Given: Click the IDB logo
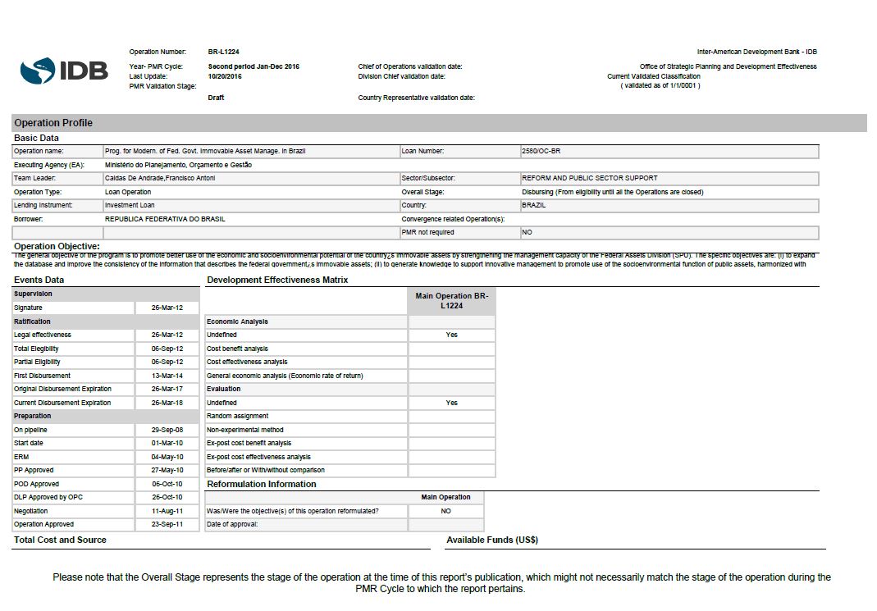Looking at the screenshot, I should (x=64, y=71).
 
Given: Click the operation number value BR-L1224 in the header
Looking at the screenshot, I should (x=224, y=52).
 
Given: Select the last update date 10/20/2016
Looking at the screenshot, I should (x=225, y=76).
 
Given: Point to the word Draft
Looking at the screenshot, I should (x=216, y=98).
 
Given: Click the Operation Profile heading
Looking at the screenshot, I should (x=53, y=123).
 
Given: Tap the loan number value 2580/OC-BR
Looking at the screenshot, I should (x=541, y=151).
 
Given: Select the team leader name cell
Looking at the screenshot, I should (x=160, y=178).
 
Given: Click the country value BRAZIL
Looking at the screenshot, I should (x=534, y=205).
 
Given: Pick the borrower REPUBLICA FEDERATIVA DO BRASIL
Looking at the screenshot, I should (x=165, y=219).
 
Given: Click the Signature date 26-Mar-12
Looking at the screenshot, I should (x=167, y=308).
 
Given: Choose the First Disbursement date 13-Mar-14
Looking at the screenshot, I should (x=167, y=376).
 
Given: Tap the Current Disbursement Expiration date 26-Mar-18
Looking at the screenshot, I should (x=167, y=403).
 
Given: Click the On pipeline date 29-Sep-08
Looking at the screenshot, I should (x=167, y=430).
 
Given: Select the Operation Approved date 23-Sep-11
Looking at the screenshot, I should (x=167, y=524).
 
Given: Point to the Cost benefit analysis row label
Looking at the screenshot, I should (x=237, y=349).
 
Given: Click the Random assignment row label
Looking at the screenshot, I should (x=237, y=416).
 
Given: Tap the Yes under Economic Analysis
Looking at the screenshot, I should (x=452, y=335).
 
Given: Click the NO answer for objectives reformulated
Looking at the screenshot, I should (x=446, y=511).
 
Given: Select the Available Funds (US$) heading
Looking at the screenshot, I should (x=492, y=540).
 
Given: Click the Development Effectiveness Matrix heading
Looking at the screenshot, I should (x=277, y=280).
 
